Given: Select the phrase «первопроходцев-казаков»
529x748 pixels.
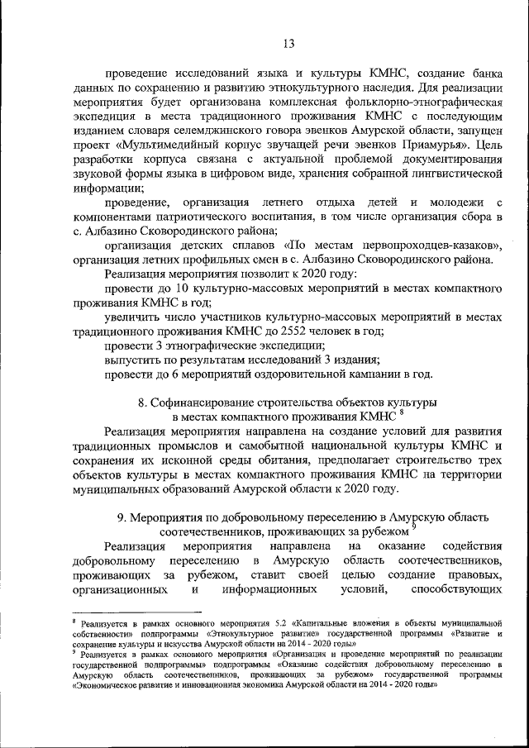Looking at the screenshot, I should pos(418,245).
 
